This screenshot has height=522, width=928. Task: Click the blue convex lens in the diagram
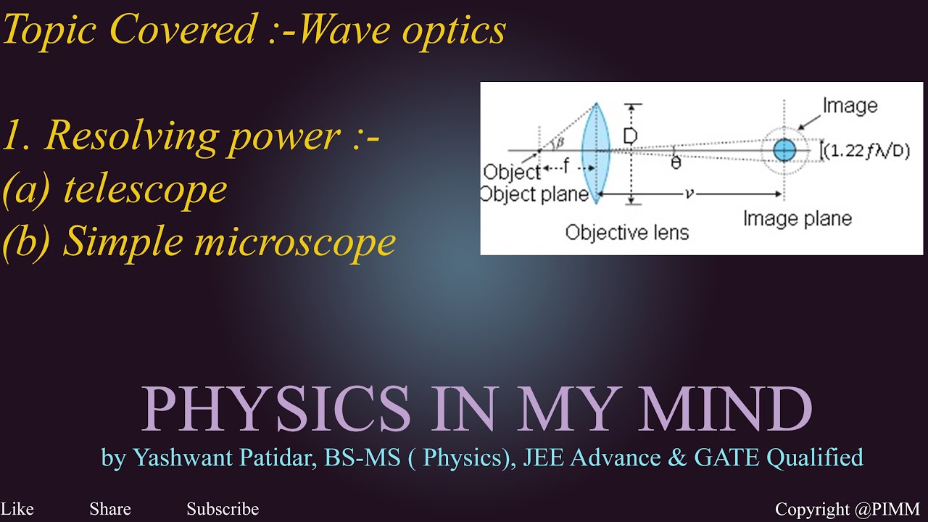click(597, 153)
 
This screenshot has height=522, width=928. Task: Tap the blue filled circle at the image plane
click(784, 150)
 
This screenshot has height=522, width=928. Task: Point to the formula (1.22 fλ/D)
click(866, 151)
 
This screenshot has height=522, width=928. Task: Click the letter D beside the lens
click(630, 136)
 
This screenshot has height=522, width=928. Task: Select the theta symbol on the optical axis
click(676, 163)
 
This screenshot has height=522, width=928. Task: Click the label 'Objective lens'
click(626, 232)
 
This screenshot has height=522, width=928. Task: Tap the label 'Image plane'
click(797, 218)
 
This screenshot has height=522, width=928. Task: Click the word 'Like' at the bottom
click(17, 509)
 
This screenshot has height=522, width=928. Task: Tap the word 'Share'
click(110, 509)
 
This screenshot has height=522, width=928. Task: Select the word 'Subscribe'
click(223, 509)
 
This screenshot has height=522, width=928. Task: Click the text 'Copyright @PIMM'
click(847, 509)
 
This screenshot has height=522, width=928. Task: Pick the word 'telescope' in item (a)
click(145, 189)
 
